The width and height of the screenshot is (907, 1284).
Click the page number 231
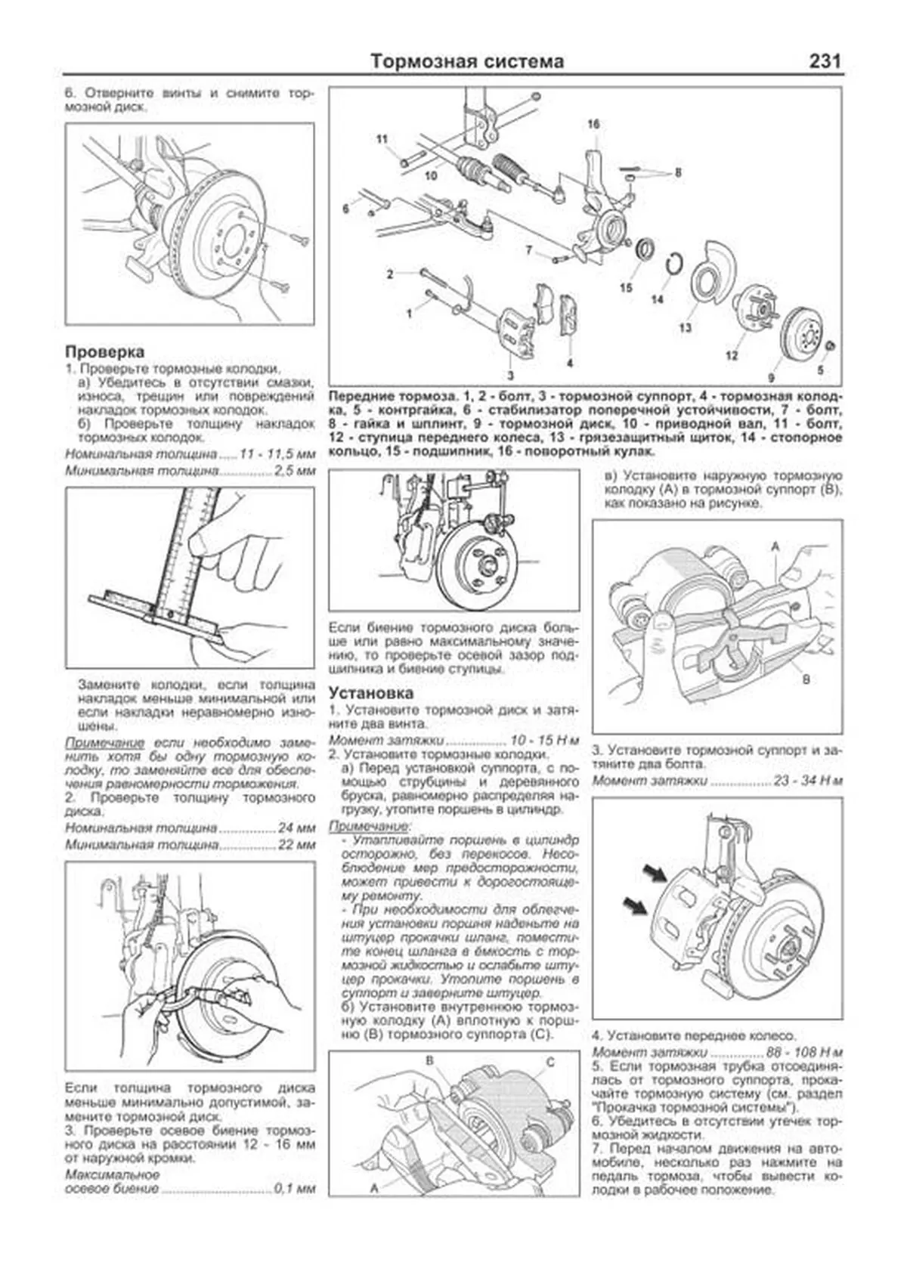(x=825, y=61)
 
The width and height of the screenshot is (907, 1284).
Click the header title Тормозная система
(x=467, y=61)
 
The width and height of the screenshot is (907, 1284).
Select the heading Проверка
(x=104, y=351)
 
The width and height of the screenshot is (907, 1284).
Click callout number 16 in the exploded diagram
(x=593, y=124)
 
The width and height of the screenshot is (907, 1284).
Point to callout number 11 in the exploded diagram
(x=382, y=139)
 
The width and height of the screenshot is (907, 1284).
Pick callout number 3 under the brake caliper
(x=510, y=375)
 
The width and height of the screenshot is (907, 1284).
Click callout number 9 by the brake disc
(x=772, y=376)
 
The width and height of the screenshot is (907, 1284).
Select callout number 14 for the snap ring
(x=657, y=299)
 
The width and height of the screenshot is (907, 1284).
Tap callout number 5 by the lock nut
(x=820, y=370)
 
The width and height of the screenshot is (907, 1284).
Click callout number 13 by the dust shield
(x=685, y=328)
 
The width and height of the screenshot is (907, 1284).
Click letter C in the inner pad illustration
(x=550, y=1062)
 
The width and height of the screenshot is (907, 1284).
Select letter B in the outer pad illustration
(x=806, y=679)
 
